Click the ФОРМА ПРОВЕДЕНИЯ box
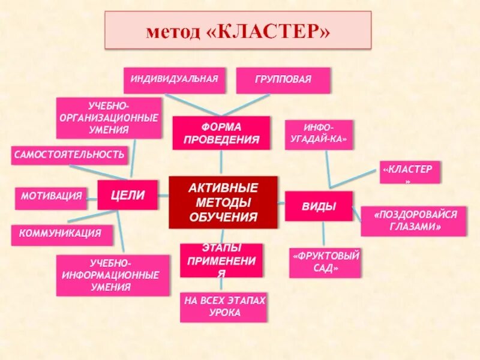point(221,133)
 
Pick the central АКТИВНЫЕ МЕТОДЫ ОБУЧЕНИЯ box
point(223,202)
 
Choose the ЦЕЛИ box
point(127,194)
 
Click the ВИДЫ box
point(319,206)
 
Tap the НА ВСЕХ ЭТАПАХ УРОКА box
point(223,307)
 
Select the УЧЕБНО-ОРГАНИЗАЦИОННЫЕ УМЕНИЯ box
point(109,118)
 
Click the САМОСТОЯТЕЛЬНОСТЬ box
point(69,155)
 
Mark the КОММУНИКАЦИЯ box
point(62,235)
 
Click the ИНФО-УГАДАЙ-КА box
point(319,134)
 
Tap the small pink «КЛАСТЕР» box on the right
point(410,172)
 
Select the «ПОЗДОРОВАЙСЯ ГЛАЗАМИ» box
point(413,221)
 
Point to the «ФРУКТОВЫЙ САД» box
point(325,263)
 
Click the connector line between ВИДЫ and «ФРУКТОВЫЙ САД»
point(323,235)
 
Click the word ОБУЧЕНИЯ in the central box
point(223,217)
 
